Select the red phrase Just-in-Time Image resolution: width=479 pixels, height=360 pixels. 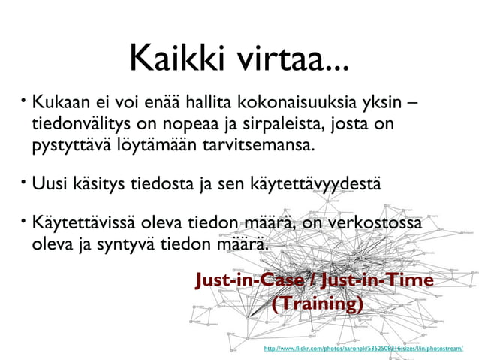pos(376,281)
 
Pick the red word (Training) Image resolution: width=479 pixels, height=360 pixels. pos(317,304)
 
